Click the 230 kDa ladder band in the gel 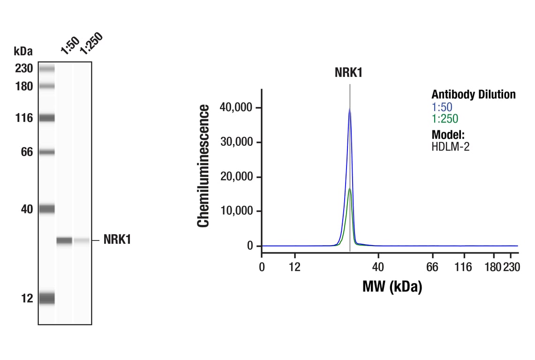[x=47, y=69]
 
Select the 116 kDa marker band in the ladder [x=47, y=118]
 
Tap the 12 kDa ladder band [x=47, y=298]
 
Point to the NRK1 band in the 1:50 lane [x=65, y=240]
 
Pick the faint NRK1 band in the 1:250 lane [x=82, y=240]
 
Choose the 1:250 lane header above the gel [x=90, y=43]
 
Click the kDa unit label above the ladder [x=23, y=51]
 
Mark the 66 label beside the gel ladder [x=26, y=152]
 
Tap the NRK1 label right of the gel [x=117, y=240]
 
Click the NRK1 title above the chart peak [x=348, y=73]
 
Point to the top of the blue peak [x=349, y=109]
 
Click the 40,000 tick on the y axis [x=237, y=108]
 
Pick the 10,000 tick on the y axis [x=237, y=211]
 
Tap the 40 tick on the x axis [x=378, y=267]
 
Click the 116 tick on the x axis [x=464, y=267]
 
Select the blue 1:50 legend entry [x=442, y=107]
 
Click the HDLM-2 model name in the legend [x=450, y=146]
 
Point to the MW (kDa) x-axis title [x=392, y=286]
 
